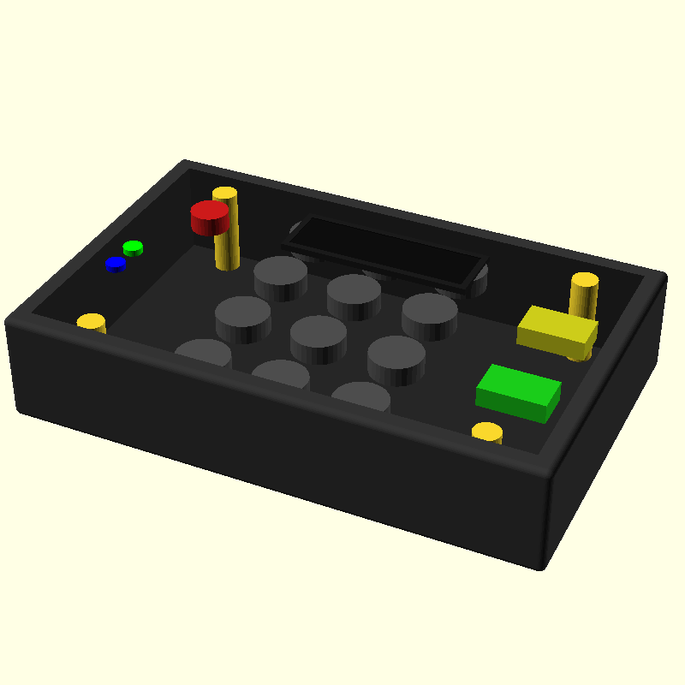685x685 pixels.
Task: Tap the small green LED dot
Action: [133, 248]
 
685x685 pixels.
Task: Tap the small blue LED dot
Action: [116, 265]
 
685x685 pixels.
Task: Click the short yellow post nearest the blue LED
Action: [92, 323]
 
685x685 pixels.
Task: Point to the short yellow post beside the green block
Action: [487, 432]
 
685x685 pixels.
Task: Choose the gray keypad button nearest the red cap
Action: [280, 276]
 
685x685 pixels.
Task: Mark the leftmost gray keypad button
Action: [203, 354]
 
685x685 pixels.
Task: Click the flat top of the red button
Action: [210, 210]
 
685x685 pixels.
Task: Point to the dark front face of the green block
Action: [511, 408]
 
